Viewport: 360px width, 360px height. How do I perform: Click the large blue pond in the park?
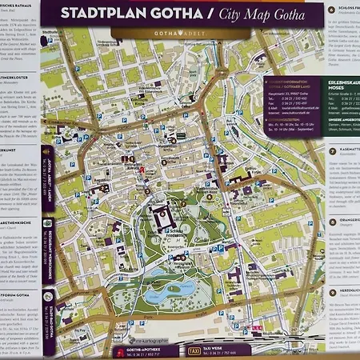[x=165, y=296]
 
